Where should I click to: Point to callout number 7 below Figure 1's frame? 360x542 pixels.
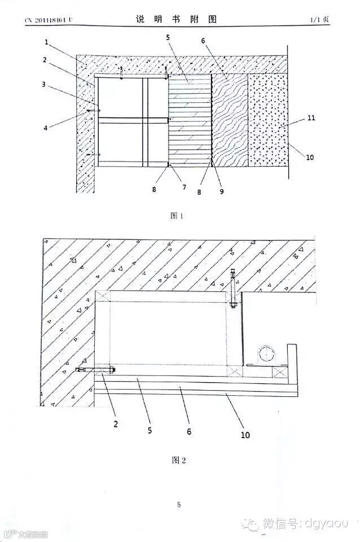click(x=184, y=187)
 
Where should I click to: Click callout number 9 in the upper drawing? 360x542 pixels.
click(x=222, y=191)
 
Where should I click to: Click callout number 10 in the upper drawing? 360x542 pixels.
click(x=310, y=158)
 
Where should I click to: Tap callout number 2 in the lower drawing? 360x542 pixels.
click(x=115, y=422)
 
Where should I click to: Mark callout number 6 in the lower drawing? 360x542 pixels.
click(x=189, y=431)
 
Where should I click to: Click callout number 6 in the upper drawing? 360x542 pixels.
click(x=204, y=41)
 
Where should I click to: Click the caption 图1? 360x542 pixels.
click(x=178, y=215)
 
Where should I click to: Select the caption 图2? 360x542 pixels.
click(x=178, y=460)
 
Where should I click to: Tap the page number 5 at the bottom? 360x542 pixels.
click(x=179, y=505)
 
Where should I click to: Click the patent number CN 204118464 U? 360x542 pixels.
click(x=49, y=20)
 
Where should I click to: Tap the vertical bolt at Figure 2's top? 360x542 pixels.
click(x=232, y=288)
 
